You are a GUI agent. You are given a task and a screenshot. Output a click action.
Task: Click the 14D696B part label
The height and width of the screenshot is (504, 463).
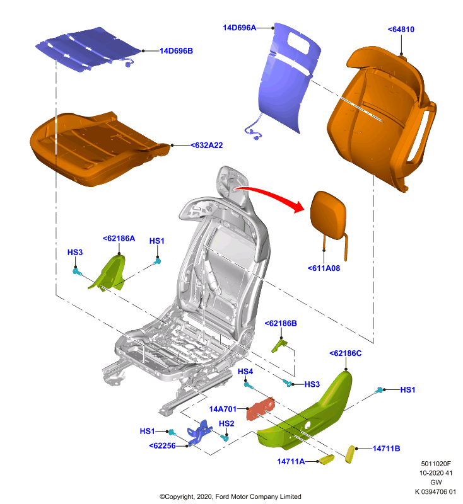[177, 51]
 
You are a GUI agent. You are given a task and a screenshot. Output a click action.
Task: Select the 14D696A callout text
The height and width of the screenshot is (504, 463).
[240, 28]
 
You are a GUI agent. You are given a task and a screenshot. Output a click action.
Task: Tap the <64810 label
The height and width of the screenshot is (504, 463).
[401, 29]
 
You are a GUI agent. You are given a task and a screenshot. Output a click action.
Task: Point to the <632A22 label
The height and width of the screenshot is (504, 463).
[206, 146]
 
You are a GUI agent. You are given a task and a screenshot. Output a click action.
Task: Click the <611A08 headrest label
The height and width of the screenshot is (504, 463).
[324, 268]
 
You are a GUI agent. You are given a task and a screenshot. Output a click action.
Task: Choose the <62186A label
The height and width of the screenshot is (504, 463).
[119, 238]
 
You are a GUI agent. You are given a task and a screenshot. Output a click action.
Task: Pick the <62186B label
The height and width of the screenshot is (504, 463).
[281, 323]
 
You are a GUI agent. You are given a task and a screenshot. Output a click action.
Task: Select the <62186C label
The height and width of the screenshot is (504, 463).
[346, 353]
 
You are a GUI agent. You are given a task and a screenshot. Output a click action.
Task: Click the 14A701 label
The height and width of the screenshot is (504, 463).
[223, 409]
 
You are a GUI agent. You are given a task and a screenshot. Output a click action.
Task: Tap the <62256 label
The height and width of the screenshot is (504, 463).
[163, 445]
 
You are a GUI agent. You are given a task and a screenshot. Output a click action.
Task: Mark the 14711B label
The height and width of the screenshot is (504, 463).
[386, 449]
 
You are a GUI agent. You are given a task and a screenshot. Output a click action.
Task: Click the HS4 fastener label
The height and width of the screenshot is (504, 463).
[245, 372]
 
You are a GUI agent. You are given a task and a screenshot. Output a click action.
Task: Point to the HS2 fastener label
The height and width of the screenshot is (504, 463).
[226, 423]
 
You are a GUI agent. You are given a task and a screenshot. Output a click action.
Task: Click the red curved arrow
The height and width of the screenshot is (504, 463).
[270, 194]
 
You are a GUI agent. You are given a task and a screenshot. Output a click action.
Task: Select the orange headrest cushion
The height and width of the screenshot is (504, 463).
[328, 215]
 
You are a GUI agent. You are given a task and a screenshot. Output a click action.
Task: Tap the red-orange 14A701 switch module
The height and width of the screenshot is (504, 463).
[261, 409]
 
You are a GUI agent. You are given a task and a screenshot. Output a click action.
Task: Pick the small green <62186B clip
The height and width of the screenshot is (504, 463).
[279, 345]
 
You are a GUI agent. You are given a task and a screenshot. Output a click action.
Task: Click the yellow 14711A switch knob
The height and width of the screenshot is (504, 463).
[326, 459]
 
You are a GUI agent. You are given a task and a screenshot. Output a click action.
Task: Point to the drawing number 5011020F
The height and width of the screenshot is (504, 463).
[436, 464]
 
